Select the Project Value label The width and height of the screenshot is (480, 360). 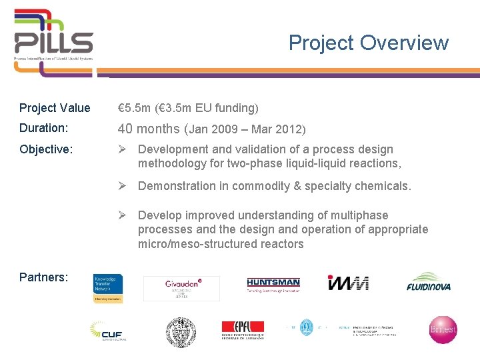pyautogui.click(x=55, y=108)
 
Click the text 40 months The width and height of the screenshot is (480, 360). pyautogui.click(x=149, y=129)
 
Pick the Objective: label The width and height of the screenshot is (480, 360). pyautogui.click(x=46, y=149)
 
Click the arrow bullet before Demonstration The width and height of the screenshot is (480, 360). pyautogui.click(x=123, y=186)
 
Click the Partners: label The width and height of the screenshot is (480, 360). pyautogui.click(x=43, y=277)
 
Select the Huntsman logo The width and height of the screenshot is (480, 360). pyautogui.click(x=273, y=285)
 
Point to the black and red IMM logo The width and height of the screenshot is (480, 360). pyautogui.click(x=348, y=283)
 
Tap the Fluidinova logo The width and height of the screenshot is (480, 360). pyautogui.click(x=429, y=283)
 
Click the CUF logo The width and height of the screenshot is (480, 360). pyautogui.click(x=109, y=330)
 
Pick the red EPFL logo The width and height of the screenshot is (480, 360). pyautogui.click(x=243, y=330)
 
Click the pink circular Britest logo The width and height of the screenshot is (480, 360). pyautogui.click(x=443, y=330)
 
